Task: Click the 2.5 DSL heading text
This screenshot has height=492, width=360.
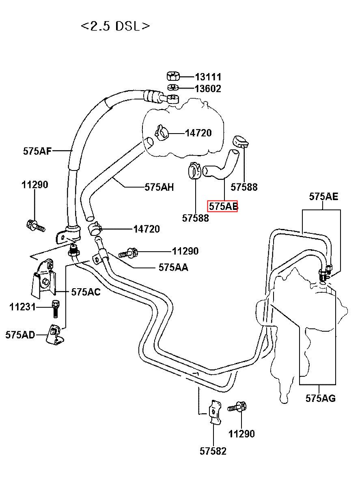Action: tap(116, 26)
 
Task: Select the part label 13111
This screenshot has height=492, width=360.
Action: tap(208, 77)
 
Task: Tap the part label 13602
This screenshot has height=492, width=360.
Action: tap(208, 88)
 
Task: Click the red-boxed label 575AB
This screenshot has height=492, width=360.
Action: tap(223, 206)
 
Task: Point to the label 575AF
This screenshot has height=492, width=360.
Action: tap(37, 151)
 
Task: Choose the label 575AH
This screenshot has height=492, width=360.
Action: tap(159, 187)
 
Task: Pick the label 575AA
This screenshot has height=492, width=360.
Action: tap(173, 268)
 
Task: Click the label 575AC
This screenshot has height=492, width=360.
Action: tap(86, 292)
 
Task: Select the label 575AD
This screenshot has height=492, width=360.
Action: tap(20, 335)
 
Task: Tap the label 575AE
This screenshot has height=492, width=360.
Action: tap(323, 196)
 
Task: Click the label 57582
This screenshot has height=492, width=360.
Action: tap(213, 451)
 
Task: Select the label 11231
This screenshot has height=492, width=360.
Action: tap(22, 307)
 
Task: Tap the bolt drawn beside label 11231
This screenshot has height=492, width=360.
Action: tap(56, 309)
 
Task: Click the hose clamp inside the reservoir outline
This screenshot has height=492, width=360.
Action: tap(162, 132)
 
